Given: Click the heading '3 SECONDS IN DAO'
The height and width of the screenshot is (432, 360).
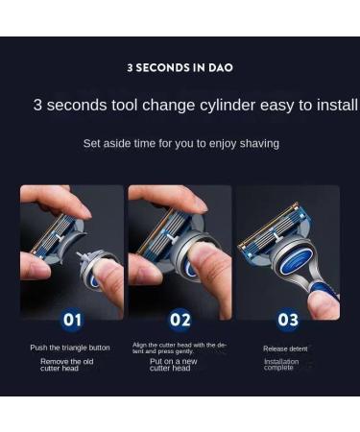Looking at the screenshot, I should (180, 68).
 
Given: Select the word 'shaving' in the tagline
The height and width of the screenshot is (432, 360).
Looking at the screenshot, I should (258, 143).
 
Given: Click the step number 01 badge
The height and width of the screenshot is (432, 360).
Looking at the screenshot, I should (72, 319).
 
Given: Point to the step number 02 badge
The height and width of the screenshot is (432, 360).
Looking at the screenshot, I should (180, 319).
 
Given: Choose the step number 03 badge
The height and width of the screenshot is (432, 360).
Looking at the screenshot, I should (288, 319).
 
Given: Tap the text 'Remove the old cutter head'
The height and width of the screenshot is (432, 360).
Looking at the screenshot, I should (67, 365).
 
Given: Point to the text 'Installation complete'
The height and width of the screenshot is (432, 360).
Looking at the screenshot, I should (281, 365).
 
